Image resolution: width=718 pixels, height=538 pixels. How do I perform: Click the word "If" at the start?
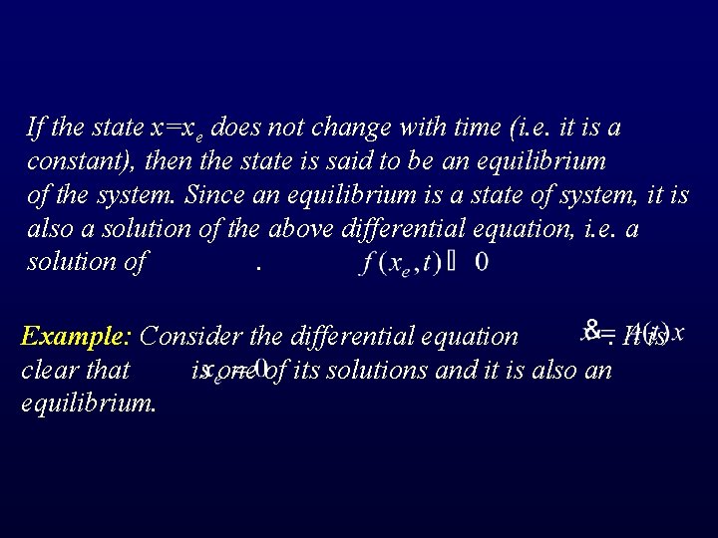click(35, 128)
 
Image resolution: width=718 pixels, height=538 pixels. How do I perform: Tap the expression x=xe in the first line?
click(179, 129)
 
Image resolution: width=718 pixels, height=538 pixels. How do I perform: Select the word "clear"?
click(47, 370)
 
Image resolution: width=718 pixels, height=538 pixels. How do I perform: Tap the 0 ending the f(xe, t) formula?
click(481, 262)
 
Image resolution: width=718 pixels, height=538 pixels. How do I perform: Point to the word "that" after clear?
click(108, 370)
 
